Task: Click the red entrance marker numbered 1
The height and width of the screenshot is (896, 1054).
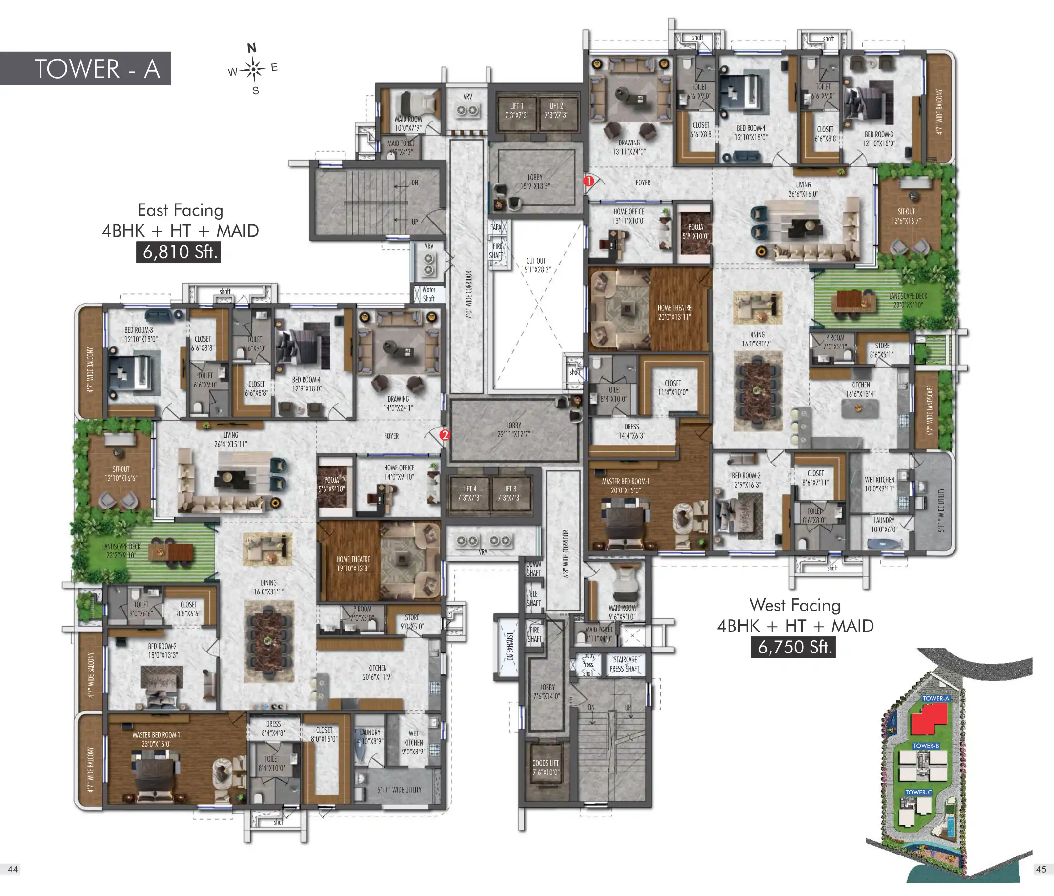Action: pyautogui.click(x=588, y=181)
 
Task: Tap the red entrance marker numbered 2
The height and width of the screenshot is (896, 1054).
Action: pyautogui.click(x=445, y=435)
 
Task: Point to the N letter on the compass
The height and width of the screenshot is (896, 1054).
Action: pyautogui.click(x=251, y=48)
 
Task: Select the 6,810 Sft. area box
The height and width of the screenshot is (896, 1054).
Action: pyautogui.click(x=178, y=252)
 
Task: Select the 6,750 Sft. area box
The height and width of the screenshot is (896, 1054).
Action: pyautogui.click(x=793, y=647)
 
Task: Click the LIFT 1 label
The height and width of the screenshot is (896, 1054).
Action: pyautogui.click(x=517, y=111)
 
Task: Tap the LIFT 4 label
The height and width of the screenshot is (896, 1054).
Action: pyautogui.click(x=469, y=493)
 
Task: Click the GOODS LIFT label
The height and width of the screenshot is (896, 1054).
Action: pyautogui.click(x=546, y=768)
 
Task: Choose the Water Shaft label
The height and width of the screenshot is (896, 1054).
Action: pyautogui.click(x=429, y=294)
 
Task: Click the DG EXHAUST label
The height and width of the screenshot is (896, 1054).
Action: pyautogui.click(x=509, y=646)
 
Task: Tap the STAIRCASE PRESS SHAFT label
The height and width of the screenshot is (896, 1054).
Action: pyautogui.click(x=624, y=664)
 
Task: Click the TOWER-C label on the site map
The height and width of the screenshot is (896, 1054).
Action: pyautogui.click(x=918, y=792)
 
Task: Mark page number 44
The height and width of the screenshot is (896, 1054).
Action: pyautogui.click(x=13, y=869)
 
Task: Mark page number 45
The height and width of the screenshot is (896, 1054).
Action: pyautogui.click(x=1041, y=869)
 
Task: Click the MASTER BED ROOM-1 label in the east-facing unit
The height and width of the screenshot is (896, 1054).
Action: pyautogui.click(x=156, y=739)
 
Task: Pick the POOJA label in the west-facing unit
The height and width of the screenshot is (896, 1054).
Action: pyautogui.click(x=695, y=231)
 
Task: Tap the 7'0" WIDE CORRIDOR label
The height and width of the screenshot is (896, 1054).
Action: pyautogui.click(x=469, y=295)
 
